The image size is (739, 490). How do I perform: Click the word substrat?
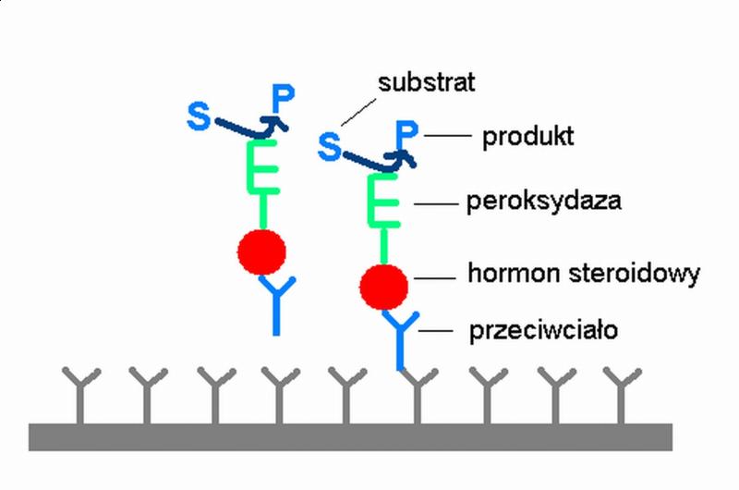(x=426, y=83)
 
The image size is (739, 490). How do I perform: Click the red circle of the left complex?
(x=261, y=250)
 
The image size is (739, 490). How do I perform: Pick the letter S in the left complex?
(x=199, y=116)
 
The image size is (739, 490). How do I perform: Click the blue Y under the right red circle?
(x=401, y=337)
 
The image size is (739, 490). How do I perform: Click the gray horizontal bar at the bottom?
(x=350, y=435)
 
